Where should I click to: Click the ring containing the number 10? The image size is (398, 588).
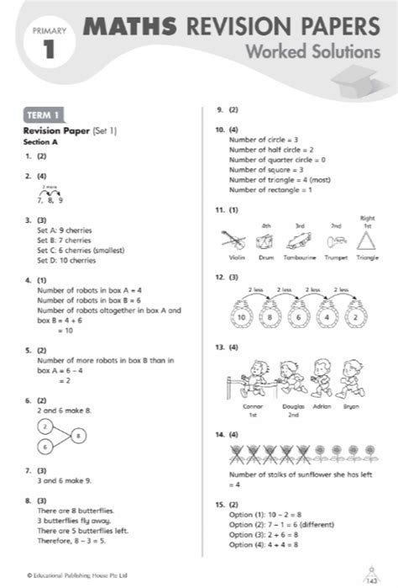241,316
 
